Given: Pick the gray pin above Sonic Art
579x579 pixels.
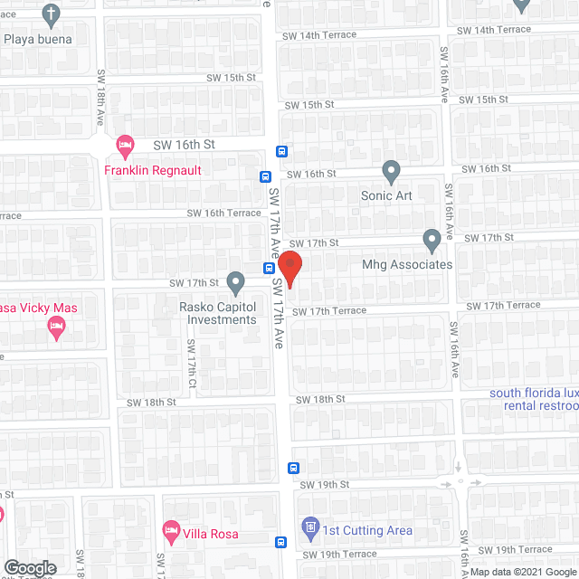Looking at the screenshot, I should point(391,169).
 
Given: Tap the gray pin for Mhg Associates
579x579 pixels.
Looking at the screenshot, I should point(432,240).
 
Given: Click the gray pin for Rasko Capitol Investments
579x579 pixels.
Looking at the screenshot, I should point(235,283).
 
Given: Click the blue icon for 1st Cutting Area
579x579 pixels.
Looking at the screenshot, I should point(310,526).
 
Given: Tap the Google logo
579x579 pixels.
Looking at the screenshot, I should point(30,568).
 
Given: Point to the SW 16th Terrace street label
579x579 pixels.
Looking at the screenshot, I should point(223,214).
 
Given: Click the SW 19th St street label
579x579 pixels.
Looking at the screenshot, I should point(326,485).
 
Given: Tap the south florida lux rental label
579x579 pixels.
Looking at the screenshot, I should point(534,399).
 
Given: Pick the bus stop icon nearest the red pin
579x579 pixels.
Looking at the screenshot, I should point(270,268).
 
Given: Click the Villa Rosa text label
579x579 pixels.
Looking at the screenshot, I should point(213,534).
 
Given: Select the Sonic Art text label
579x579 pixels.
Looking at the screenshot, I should point(389,195).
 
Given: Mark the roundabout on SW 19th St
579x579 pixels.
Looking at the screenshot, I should point(461,480).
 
